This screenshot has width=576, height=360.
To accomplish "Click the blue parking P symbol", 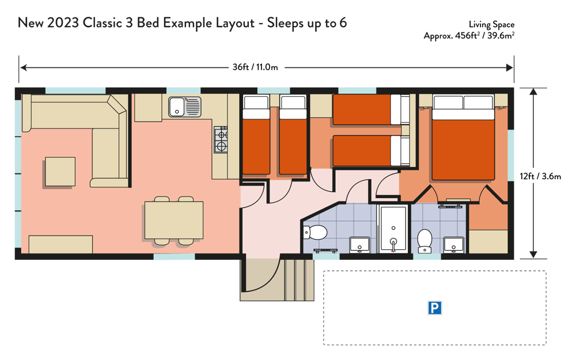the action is point(434,308).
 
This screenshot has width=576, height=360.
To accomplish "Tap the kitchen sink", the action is point(185,107).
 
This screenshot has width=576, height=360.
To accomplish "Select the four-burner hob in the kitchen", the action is point(221,139).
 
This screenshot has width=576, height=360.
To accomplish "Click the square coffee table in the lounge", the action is point(60,172).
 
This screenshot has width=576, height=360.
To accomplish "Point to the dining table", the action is point(174,220).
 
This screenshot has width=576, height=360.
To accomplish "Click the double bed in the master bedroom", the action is point(463,138).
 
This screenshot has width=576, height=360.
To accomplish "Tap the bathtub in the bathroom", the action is point(393,229).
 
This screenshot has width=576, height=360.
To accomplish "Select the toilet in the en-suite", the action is point(425,241).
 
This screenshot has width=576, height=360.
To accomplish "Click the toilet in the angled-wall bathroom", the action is point(315,232).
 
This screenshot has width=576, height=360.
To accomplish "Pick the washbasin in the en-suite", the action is point(454,245).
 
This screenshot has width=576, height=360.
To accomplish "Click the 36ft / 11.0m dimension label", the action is point(255,67).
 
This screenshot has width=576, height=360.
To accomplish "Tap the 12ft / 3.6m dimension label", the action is point(540,176).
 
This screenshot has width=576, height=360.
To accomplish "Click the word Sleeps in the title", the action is point(286,23).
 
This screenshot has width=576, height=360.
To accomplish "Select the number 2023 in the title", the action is point(63,23).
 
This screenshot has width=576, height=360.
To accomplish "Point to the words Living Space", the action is point(491,25).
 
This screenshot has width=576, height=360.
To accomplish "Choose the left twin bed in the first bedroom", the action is point(256,135).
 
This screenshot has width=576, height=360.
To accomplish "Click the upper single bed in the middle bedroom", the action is point(371,109).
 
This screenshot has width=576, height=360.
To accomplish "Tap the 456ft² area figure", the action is point(467,36).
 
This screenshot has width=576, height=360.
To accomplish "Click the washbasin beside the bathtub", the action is point(359,245).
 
